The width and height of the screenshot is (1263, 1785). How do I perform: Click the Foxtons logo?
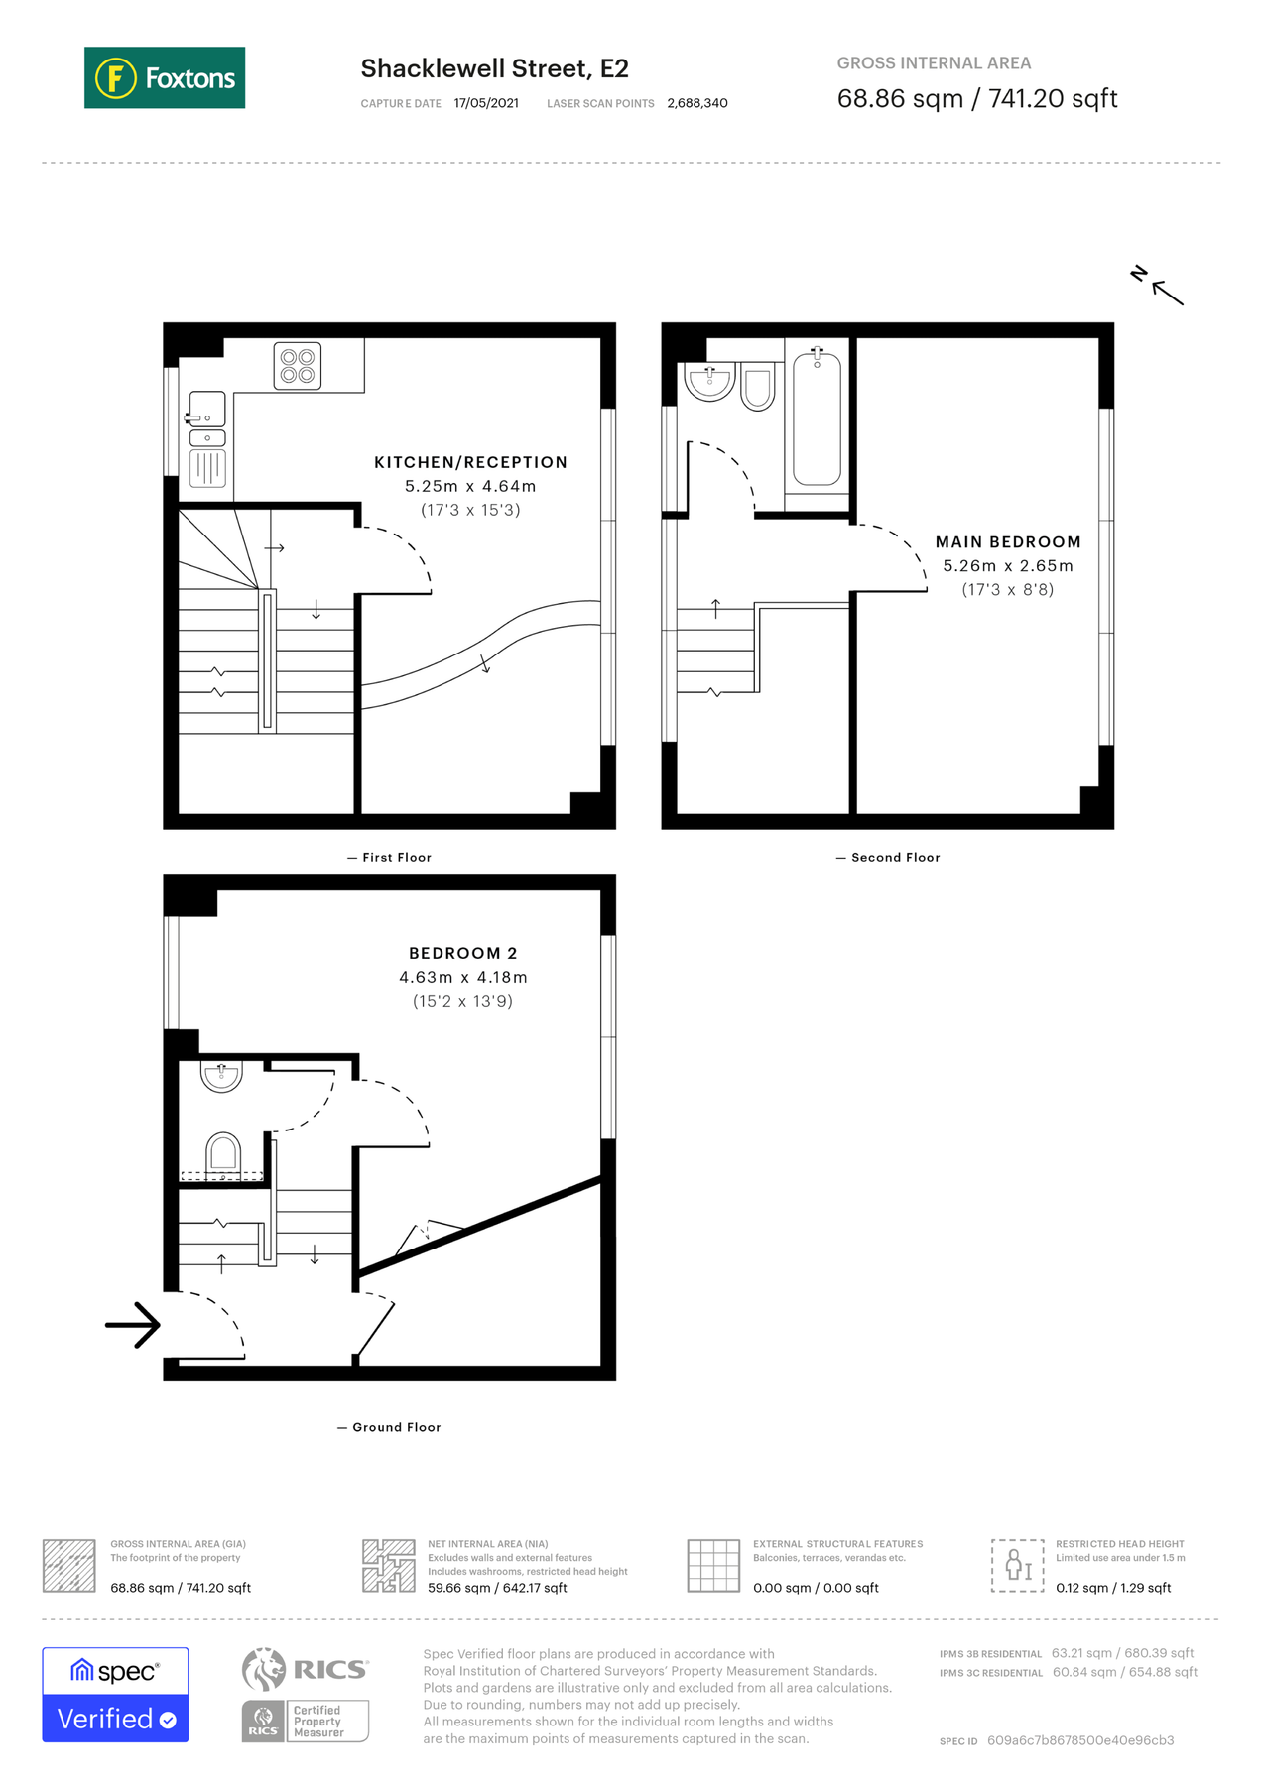click(x=165, y=77)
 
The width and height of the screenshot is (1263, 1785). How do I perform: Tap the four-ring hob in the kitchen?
click(x=297, y=366)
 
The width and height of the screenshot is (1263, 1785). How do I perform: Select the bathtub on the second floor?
click(x=817, y=418)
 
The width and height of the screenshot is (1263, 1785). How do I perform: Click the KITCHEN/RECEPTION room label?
click(x=470, y=462)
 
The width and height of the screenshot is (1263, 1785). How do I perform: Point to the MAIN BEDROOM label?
click(x=1007, y=542)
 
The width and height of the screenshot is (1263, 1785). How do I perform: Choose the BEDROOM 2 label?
click(x=462, y=953)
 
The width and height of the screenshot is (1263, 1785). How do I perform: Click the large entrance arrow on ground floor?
click(x=134, y=1324)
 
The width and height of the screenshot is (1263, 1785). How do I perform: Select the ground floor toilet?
click(x=222, y=1153)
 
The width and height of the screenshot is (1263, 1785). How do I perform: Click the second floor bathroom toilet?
click(x=758, y=388)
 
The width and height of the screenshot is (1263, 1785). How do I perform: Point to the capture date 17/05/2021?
click(x=485, y=103)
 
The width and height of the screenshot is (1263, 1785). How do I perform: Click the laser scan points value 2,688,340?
click(x=696, y=103)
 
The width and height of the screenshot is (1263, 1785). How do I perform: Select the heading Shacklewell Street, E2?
click(x=494, y=68)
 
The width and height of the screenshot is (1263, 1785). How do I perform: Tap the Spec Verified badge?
click(x=115, y=1694)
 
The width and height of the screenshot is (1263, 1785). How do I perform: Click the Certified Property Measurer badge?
click(x=306, y=1721)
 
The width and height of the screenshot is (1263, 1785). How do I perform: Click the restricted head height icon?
click(x=1017, y=1565)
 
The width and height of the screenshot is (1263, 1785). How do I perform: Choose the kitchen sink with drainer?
click(x=207, y=438)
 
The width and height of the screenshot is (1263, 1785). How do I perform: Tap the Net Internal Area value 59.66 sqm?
click(x=497, y=1587)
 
